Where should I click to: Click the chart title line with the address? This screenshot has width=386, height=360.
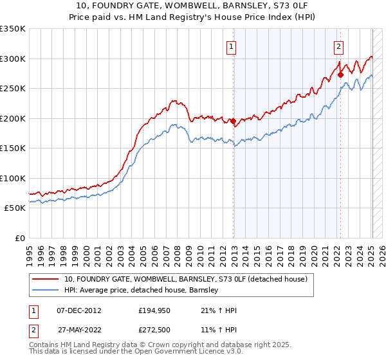coord(192,6)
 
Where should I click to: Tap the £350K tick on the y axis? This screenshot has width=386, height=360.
coord(13,29)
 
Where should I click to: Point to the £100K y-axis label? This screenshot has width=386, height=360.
coord(13,178)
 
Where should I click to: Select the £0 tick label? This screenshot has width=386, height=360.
coord(19,238)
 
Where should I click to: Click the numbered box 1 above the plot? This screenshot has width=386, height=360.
coord(231,46)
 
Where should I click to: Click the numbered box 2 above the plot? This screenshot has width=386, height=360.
coord(338,46)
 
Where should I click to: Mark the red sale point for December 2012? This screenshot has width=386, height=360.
coord(233,122)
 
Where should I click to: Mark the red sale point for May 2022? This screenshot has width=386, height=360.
coord(340,75)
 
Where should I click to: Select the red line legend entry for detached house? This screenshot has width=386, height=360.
coord(186,279)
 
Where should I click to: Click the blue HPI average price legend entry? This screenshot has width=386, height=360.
coord(142,291)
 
